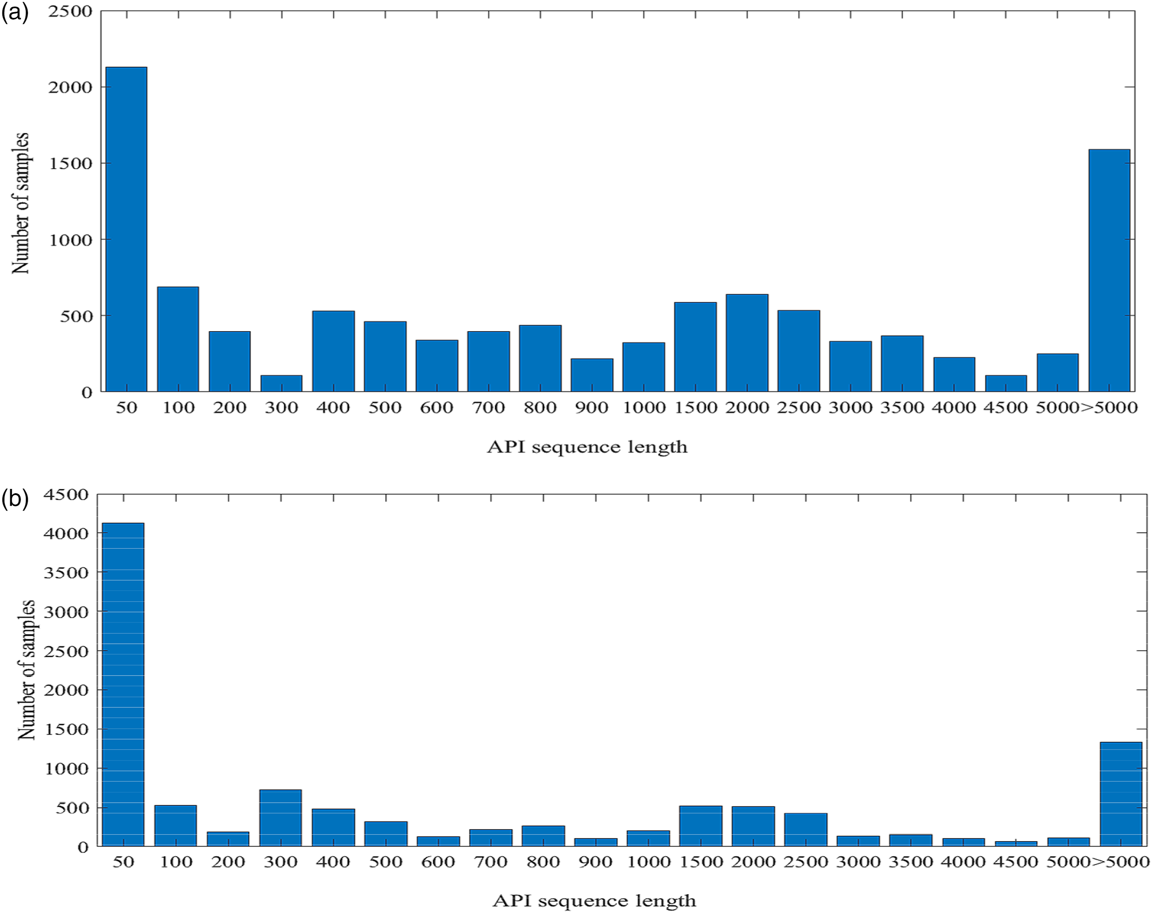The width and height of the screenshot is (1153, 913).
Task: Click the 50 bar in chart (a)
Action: coord(126,229)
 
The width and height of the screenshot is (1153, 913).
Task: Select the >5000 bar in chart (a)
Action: coord(1109,270)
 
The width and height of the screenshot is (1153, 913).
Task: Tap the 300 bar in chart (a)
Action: coord(281,383)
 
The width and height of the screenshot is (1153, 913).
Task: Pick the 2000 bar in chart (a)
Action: coord(747,343)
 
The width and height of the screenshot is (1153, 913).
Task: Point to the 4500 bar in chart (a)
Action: coord(1006,383)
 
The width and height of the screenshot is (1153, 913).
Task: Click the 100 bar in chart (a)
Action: coord(178,339)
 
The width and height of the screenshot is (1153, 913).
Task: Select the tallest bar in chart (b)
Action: coord(123,684)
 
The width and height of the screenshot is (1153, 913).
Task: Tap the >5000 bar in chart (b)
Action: coord(1121,794)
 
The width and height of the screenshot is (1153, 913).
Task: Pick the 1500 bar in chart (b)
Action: coord(701,826)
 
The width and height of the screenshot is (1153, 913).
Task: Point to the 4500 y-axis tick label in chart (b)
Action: coord(66,495)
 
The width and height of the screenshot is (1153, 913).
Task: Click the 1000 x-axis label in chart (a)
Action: coord(644,408)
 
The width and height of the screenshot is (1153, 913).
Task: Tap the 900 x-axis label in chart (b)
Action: coord(595,862)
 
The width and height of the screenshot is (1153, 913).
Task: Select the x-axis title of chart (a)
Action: coord(587,447)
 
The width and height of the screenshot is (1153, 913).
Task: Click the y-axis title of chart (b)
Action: coord(26,670)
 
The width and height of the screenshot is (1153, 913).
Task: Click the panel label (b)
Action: coord(15,499)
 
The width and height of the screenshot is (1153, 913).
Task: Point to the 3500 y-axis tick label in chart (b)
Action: coord(66,572)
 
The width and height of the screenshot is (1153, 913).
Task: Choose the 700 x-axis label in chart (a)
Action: coord(488,408)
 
